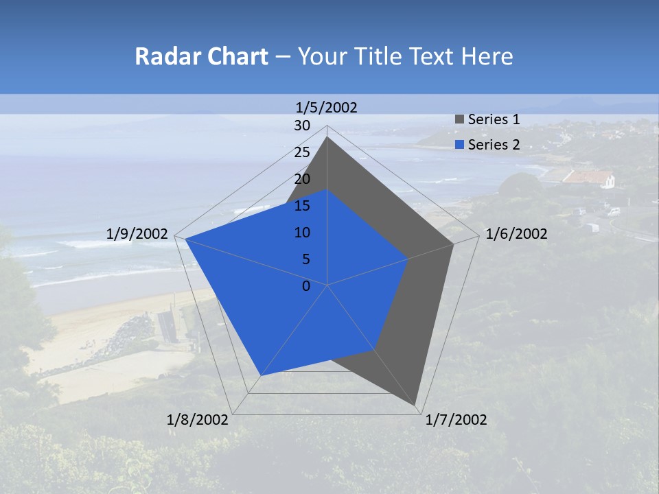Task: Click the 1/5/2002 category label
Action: pos(326,107)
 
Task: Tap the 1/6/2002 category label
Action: pos(516,234)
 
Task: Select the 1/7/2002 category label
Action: pos(456,420)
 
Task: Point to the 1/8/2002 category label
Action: pos(198,420)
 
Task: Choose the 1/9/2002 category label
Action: pos(137,234)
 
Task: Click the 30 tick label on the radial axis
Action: pos(302,126)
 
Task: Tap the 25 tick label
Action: pos(302,152)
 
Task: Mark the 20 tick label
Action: pos(302,179)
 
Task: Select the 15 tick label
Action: pos(302,206)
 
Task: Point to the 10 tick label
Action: pos(302,233)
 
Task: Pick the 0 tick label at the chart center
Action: pos(306,286)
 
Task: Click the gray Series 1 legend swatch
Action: pos(460,119)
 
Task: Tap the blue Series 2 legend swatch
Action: pos(460,145)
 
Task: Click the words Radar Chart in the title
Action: pos(201,56)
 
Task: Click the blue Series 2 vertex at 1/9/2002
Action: pos(185,239)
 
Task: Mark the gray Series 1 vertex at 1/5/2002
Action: pos(327,137)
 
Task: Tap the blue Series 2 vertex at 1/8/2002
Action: pos(261,375)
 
